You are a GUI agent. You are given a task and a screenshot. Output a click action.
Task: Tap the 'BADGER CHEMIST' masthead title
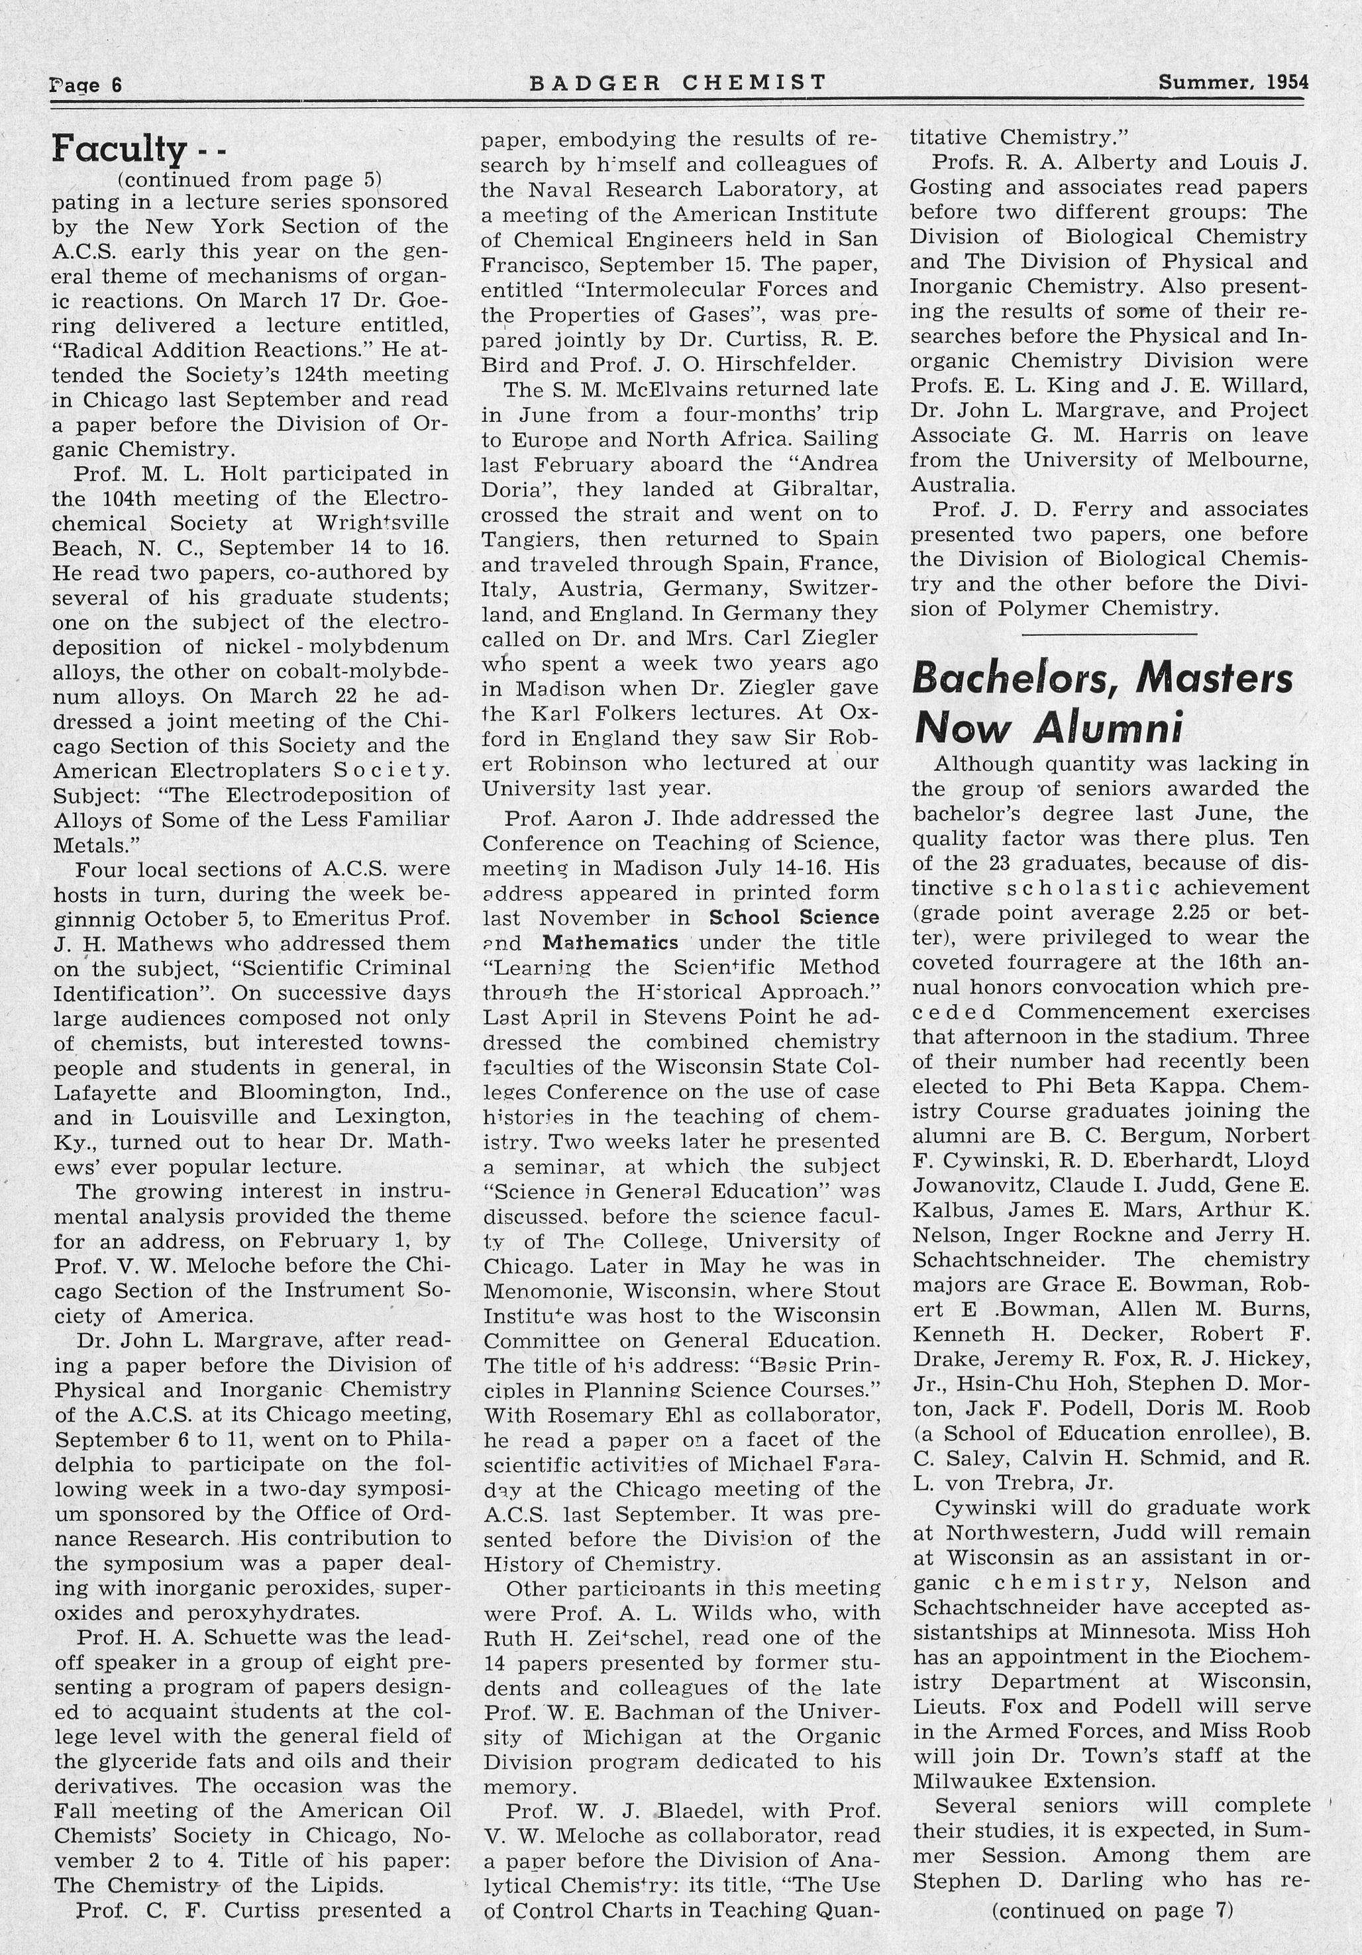(677, 83)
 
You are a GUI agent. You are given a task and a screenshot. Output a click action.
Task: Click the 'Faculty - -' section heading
(137, 149)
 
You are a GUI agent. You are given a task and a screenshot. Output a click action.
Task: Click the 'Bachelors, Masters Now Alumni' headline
(1102, 703)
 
